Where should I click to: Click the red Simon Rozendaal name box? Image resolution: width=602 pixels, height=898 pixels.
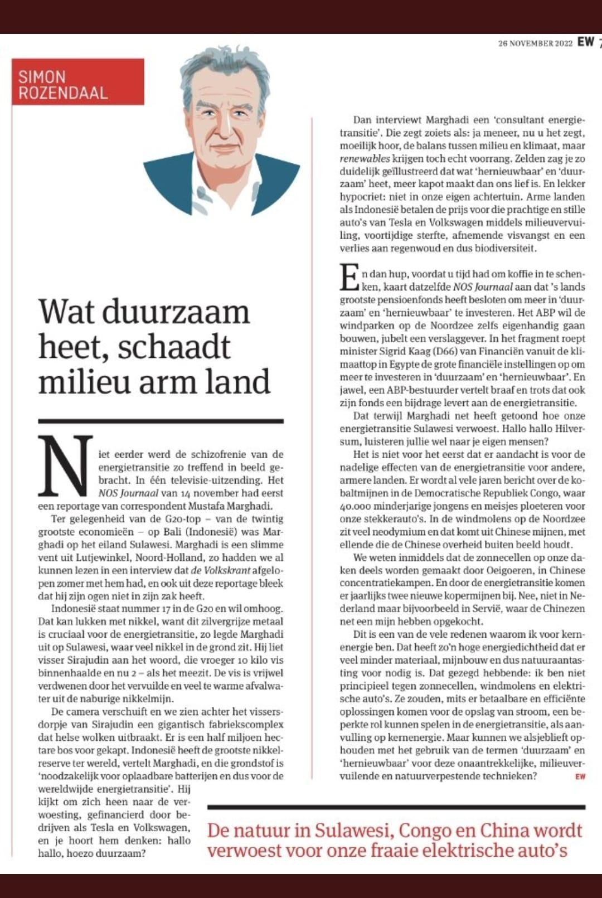click(x=77, y=82)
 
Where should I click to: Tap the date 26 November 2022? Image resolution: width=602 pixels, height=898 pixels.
click(x=535, y=43)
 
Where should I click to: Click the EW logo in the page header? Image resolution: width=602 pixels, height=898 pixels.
click(x=585, y=42)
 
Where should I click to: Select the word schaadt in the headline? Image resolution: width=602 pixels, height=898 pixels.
click(x=174, y=347)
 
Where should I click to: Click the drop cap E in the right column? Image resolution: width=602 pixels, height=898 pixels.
click(x=349, y=278)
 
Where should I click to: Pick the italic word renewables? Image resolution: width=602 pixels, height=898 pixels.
click(x=365, y=159)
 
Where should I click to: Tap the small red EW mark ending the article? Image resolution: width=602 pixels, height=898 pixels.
click(x=580, y=776)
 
